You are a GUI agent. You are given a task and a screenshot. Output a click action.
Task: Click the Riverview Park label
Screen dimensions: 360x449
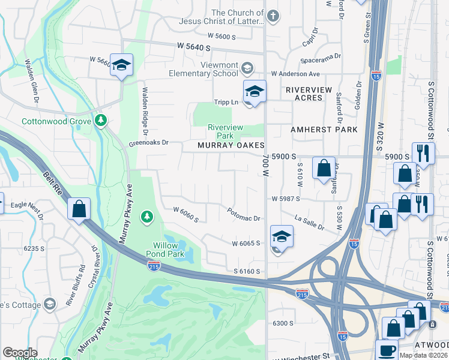225,131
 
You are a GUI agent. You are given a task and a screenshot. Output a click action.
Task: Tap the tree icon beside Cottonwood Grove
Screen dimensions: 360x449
100,121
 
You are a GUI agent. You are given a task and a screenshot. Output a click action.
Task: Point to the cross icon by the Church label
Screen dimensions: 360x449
273,16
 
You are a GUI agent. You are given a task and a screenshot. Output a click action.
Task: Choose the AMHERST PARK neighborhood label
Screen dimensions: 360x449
324,130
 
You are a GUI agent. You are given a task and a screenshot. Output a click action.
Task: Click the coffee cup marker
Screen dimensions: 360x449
387,351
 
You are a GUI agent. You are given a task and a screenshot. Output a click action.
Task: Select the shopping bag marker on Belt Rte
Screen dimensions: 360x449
79,209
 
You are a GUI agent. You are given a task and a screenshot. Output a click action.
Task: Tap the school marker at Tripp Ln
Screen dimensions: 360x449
255,92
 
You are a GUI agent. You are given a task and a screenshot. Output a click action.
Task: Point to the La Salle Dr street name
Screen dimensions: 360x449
309,223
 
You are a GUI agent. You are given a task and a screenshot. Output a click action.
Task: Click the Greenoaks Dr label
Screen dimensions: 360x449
149,143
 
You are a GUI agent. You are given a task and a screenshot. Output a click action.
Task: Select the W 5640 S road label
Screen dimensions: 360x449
198,46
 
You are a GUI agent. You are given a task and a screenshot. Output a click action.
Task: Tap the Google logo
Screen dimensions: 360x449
20,353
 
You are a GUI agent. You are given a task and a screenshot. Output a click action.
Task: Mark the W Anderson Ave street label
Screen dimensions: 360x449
295,74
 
